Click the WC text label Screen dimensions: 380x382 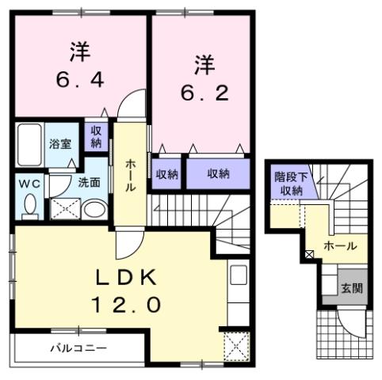(29, 183)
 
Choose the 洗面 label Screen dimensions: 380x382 (88, 182)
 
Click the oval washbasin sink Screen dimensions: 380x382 (94, 209)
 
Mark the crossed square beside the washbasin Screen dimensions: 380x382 (63, 208)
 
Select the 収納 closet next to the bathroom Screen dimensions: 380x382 (96, 137)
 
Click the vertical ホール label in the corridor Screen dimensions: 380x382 (130, 174)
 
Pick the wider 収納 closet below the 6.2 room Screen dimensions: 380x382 (219, 173)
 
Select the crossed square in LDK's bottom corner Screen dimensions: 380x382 (235, 344)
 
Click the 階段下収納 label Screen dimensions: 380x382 (288, 184)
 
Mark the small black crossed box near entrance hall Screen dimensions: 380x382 (308, 255)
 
